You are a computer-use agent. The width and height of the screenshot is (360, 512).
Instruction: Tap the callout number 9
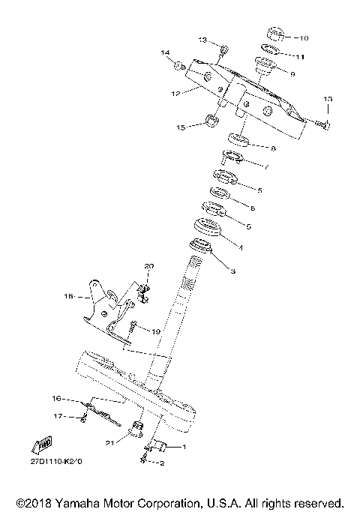(x=292, y=73)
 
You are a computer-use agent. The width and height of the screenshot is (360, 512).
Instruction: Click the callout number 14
(x=165, y=52)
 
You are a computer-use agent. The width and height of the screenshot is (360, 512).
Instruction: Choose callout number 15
(x=181, y=127)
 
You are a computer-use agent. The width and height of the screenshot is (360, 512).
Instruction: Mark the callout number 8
(x=273, y=148)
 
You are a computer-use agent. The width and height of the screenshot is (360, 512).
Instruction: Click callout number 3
(x=232, y=270)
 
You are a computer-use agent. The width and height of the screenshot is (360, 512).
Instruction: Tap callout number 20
(x=148, y=266)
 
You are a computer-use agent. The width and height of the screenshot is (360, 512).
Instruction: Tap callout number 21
(x=109, y=443)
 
